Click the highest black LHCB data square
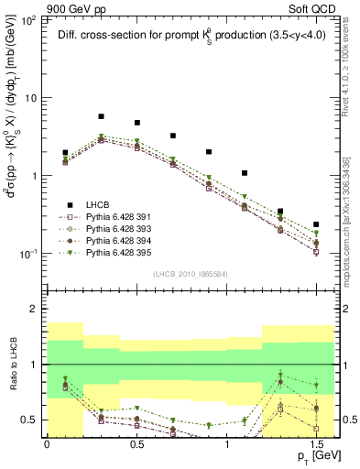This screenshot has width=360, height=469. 101,117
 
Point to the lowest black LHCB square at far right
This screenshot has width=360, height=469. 316,224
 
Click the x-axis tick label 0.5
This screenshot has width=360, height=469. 136,444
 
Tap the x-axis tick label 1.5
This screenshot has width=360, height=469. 315,444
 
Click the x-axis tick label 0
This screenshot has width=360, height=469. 47,444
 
